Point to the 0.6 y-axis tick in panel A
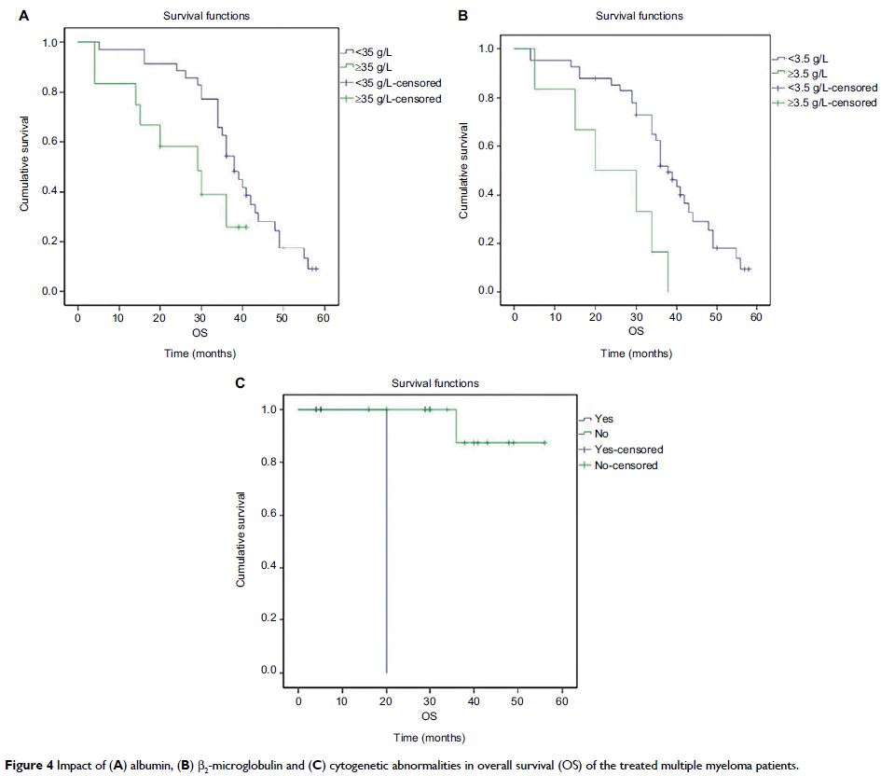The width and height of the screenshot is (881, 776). pos(52,142)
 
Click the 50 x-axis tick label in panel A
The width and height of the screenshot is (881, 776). pos(282,319)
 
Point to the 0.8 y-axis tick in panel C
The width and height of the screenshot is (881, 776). pos(270,463)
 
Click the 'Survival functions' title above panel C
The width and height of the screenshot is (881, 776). pos(435,383)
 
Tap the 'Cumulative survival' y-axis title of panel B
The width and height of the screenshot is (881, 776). pos(462,171)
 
